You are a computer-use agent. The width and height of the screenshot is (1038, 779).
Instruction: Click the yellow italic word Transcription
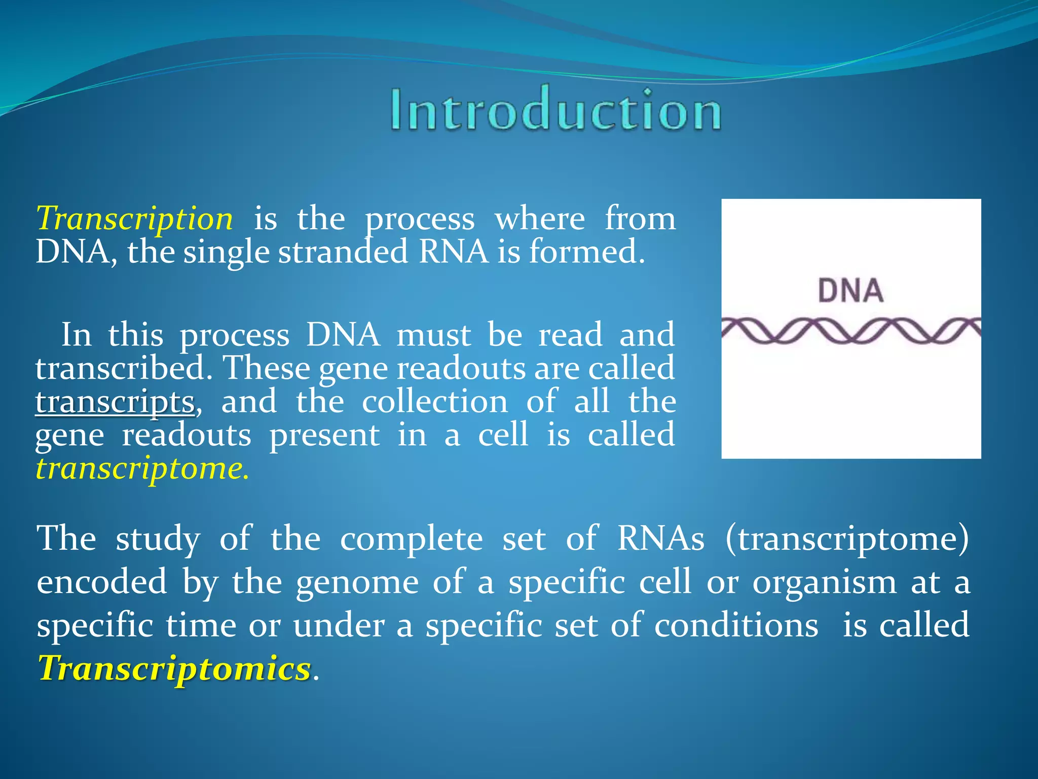click(x=134, y=219)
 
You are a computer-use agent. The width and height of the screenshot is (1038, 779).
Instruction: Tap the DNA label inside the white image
click(x=850, y=291)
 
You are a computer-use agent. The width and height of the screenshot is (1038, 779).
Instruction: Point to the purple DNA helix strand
click(x=850, y=331)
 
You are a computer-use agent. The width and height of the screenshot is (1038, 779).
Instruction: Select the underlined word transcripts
click(x=115, y=402)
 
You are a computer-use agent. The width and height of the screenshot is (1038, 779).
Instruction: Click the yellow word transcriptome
click(x=142, y=469)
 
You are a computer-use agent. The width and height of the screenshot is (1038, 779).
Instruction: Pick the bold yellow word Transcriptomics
click(x=174, y=668)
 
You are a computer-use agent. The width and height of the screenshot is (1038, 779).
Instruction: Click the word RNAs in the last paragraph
click(x=660, y=539)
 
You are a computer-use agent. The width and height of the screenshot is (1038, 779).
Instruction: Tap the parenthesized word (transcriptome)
click(x=847, y=539)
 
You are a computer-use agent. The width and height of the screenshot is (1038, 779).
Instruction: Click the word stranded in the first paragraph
click(x=343, y=252)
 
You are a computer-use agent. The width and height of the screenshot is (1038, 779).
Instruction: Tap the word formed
click(x=586, y=252)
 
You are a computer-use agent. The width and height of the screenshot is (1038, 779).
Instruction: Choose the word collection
click(x=435, y=402)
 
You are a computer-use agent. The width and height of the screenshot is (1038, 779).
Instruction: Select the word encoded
click(x=102, y=582)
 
